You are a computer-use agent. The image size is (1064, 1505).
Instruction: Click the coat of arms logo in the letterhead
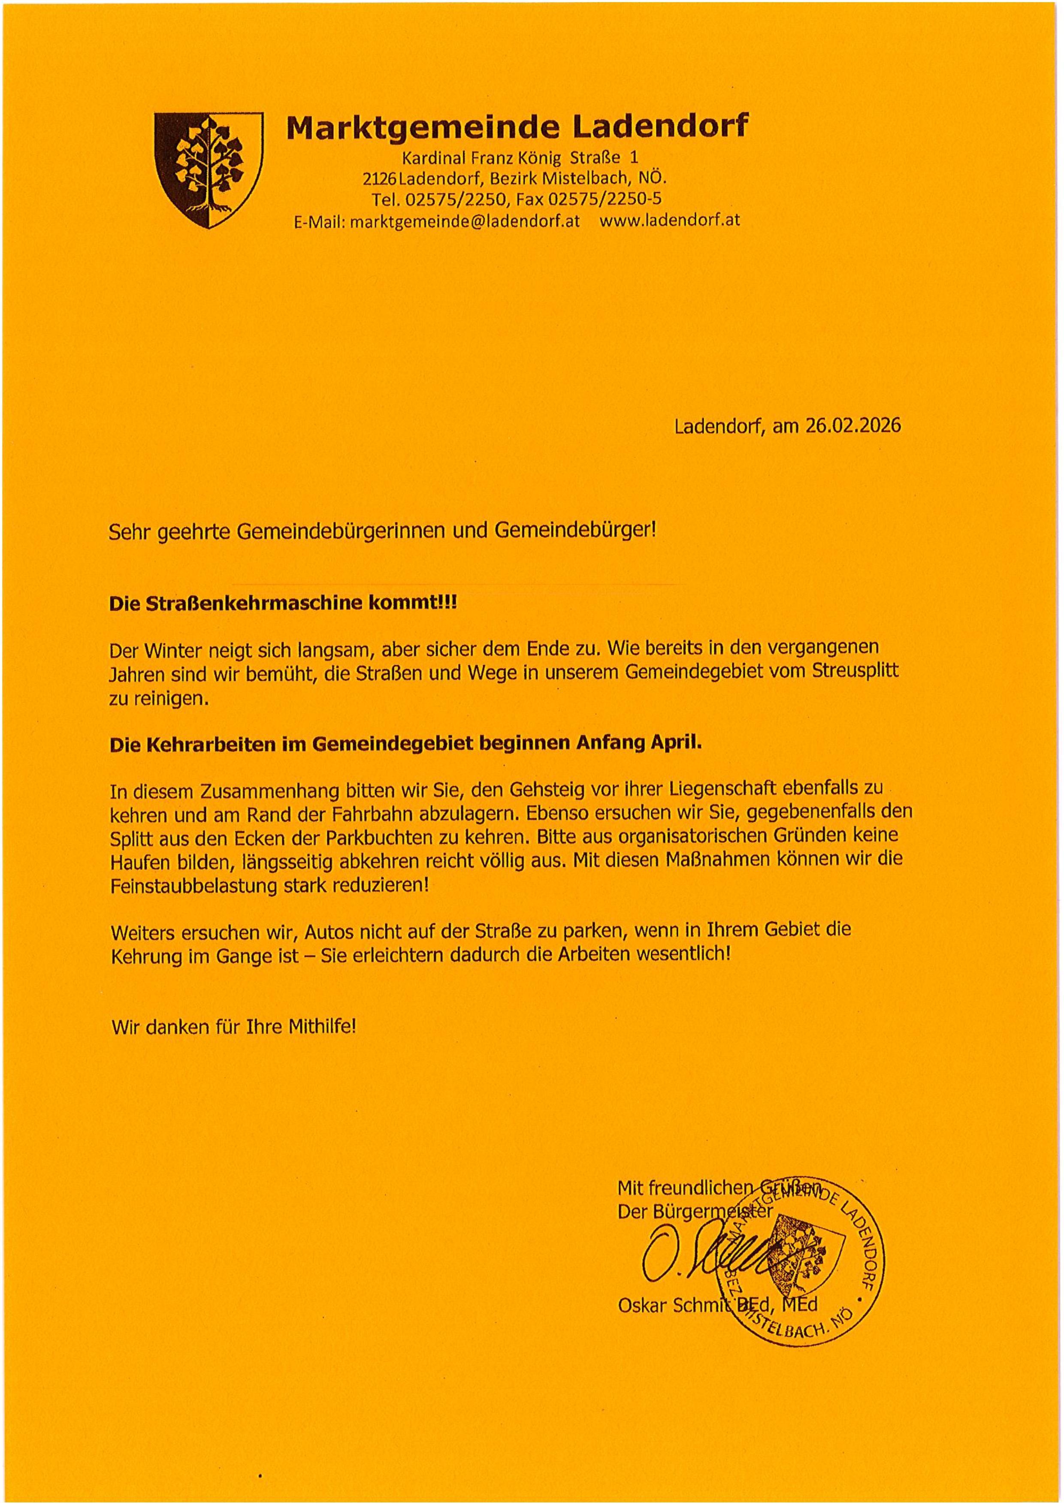point(209,170)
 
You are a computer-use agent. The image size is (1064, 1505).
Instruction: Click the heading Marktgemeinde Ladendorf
point(517,127)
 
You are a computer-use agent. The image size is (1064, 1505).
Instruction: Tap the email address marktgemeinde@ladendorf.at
point(465,221)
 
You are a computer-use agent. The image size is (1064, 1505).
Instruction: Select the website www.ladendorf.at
point(669,220)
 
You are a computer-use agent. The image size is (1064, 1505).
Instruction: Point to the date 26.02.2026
point(853,426)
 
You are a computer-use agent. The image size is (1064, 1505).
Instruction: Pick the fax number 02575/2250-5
point(605,199)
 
